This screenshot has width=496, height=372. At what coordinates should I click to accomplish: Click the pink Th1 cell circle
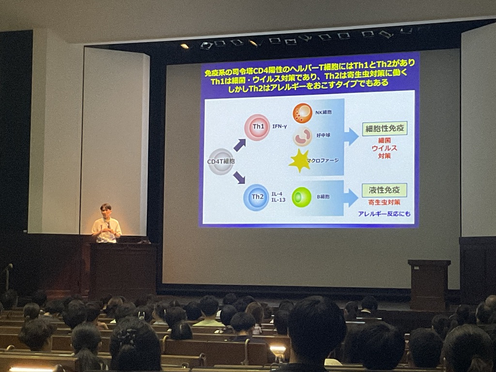pos(257,127)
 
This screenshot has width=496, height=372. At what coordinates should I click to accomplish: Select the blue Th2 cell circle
pos(256,198)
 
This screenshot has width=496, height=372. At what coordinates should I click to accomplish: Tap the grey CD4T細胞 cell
pos(220,162)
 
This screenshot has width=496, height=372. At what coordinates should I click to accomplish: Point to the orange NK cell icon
pos(302,113)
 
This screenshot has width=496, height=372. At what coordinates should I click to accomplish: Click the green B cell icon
pos(301,198)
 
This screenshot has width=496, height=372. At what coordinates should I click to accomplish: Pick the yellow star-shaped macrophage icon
pos(299,161)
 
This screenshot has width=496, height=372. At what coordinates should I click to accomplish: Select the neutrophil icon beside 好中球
pos(302,137)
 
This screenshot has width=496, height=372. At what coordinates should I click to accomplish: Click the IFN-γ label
pos(279,126)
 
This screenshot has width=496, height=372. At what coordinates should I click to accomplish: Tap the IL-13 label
pos(279,200)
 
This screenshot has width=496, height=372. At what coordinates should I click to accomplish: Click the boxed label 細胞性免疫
pos(385,128)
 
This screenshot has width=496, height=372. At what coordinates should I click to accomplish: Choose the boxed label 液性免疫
pos(384,190)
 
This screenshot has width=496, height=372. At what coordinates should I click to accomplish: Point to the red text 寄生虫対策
pos(384,202)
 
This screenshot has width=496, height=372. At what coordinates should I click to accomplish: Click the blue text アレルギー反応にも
pos(384,214)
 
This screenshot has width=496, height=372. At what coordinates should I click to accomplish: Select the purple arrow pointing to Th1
pos(239,145)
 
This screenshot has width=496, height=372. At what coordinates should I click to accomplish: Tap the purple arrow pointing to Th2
pos(239,178)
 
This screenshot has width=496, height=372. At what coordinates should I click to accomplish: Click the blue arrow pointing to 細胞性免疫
pos(351,137)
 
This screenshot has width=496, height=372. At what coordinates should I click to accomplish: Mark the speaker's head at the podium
pos(106,209)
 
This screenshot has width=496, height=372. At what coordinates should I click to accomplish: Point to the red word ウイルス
pos(384,148)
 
